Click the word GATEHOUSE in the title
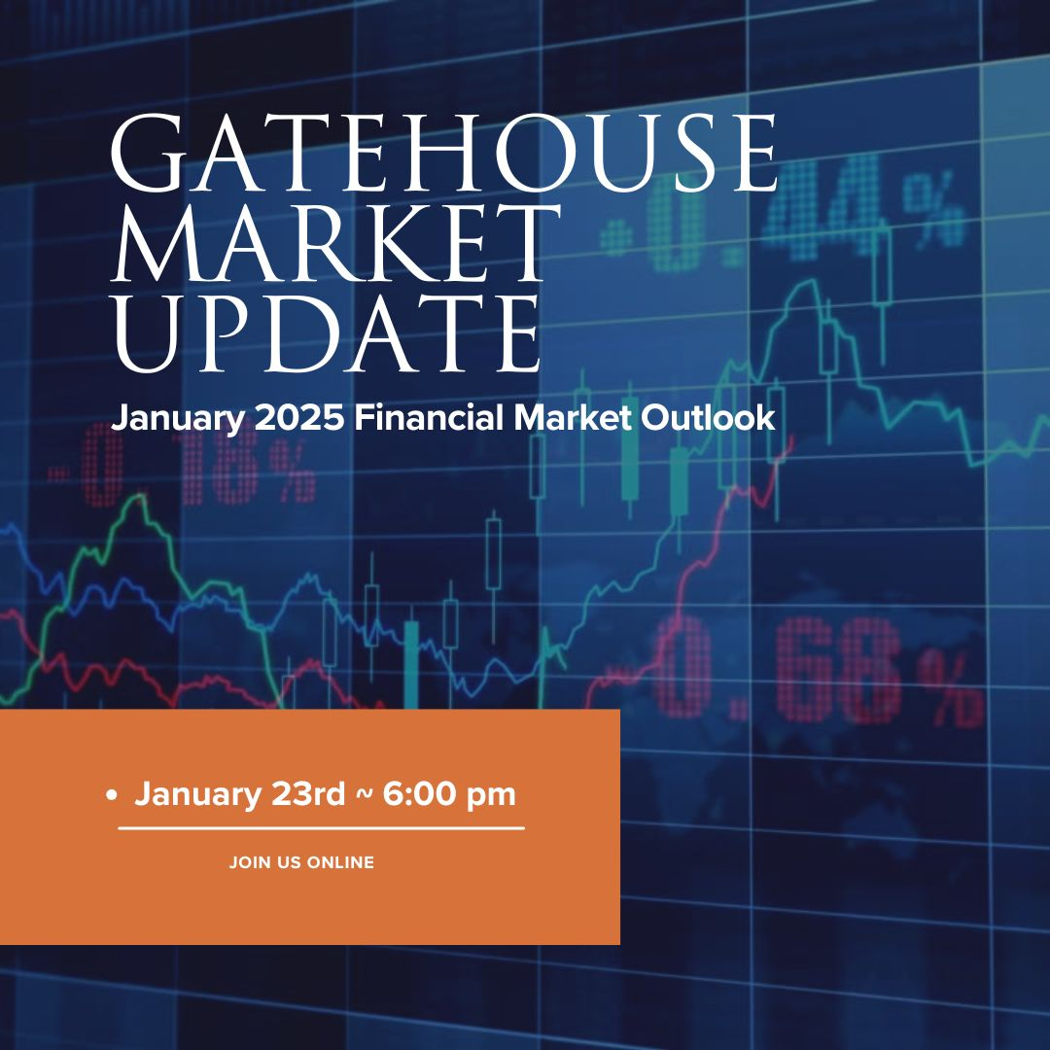point(443,153)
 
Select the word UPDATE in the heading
point(327,332)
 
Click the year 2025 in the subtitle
point(299,417)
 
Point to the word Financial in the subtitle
point(429,417)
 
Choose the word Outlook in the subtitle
point(708,417)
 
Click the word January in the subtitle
point(178,419)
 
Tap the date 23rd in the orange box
point(308,794)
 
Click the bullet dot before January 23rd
point(111,795)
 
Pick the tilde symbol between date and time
point(364,794)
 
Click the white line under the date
point(322,828)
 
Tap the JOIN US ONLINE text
point(301,861)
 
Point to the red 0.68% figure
point(817,673)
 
